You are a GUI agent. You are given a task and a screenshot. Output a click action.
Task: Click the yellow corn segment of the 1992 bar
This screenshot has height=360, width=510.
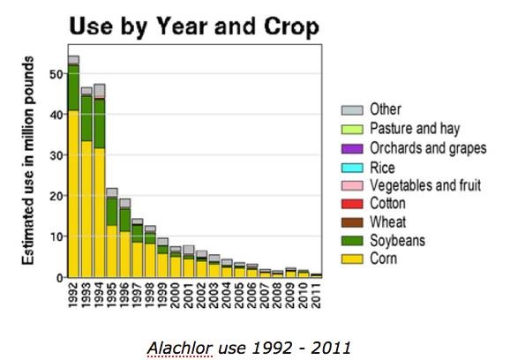click(73, 194)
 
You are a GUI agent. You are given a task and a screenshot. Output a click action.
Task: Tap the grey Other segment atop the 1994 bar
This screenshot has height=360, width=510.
click(99, 91)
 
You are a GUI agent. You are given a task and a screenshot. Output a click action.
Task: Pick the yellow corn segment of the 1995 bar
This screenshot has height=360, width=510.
click(112, 251)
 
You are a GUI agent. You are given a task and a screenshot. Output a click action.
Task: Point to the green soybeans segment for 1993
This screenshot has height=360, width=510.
click(86, 119)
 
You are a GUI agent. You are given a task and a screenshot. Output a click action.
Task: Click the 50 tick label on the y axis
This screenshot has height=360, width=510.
click(56, 74)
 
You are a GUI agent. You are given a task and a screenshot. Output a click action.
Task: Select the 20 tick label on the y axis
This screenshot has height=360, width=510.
click(56, 196)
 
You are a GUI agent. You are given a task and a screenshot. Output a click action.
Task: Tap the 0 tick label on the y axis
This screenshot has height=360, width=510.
click(59, 278)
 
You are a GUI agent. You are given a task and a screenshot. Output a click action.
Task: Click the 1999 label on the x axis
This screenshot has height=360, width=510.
click(163, 296)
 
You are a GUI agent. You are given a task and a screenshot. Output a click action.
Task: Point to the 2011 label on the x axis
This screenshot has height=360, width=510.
click(316, 296)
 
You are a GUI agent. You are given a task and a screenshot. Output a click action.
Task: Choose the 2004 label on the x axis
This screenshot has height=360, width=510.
click(227, 296)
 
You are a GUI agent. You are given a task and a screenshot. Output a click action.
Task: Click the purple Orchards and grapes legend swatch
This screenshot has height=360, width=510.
click(352, 148)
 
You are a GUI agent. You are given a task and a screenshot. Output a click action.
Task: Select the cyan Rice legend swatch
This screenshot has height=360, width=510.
click(352, 168)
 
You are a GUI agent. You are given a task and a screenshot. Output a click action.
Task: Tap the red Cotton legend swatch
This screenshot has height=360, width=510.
click(352, 204)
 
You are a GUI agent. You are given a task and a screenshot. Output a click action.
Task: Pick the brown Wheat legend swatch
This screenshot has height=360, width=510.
click(352, 222)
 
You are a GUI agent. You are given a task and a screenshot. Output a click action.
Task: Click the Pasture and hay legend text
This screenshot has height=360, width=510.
click(415, 129)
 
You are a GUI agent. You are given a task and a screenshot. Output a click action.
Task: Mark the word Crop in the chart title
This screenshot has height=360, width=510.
click(291, 26)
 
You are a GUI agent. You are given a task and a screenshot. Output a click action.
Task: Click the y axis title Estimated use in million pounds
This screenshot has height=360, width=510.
click(28, 161)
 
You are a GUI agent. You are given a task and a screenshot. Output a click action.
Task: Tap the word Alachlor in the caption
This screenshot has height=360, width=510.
click(180, 348)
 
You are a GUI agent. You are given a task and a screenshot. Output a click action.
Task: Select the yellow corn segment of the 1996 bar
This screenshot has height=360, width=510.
click(124, 254)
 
